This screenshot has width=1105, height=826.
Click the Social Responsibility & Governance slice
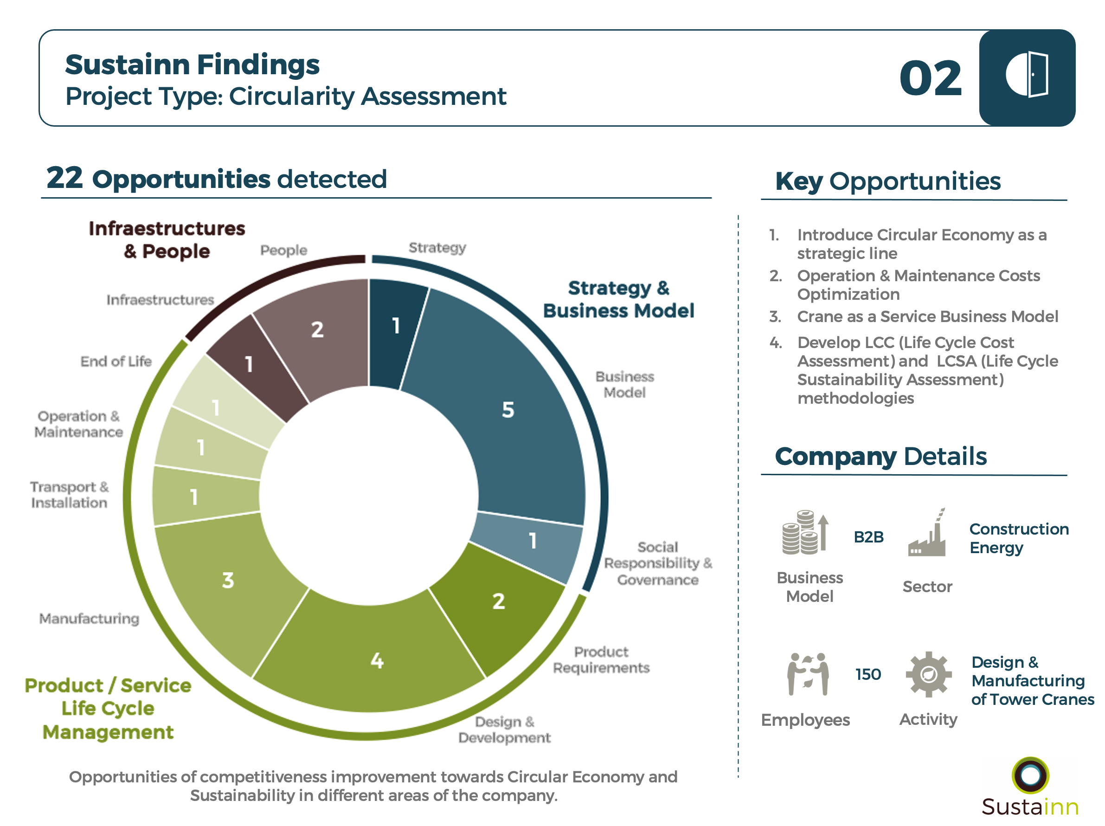pyautogui.click(x=529, y=545)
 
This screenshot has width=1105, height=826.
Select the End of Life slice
pyautogui.click(x=220, y=405)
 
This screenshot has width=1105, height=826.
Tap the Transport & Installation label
pyautogui.click(x=70, y=495)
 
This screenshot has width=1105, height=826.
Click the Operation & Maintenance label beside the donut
pyautogui.click(x=78, y=424)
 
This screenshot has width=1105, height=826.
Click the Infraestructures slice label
pyautogui.click(x=160, y=300)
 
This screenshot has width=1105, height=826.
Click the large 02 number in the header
pyautogui.click(x=930, y=78)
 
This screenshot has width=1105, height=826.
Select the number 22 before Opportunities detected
pyautogui.click(x=64, y=178)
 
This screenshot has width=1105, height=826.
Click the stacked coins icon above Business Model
pyautogui.click(x=805, y=532)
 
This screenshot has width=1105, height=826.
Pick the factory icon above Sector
pyautogui.click(x=927, y=533)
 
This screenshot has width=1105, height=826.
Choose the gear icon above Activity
pyautogui.click(x=928, y=674)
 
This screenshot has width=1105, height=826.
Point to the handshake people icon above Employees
pyautogui.click(x=808, y=674)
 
